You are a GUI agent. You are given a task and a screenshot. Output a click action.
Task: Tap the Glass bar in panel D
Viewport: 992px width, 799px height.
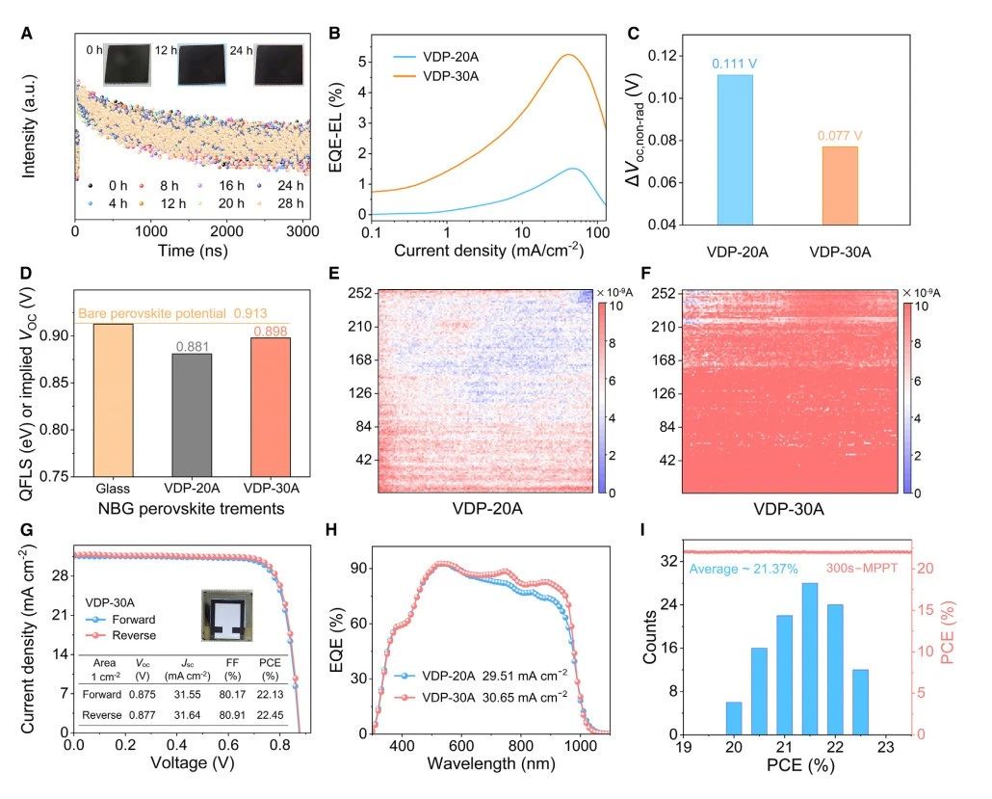pyautogui.click(x=113, y=399)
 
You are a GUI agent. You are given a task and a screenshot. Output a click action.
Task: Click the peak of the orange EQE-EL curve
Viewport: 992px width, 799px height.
pyautogui.click(x=569, y=55)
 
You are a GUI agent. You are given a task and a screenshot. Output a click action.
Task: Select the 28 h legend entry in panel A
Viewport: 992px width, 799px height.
pyautogui.click(x=279, y=202)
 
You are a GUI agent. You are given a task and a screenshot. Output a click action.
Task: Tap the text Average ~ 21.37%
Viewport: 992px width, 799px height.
pyautogui.click(x=744, y=570)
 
